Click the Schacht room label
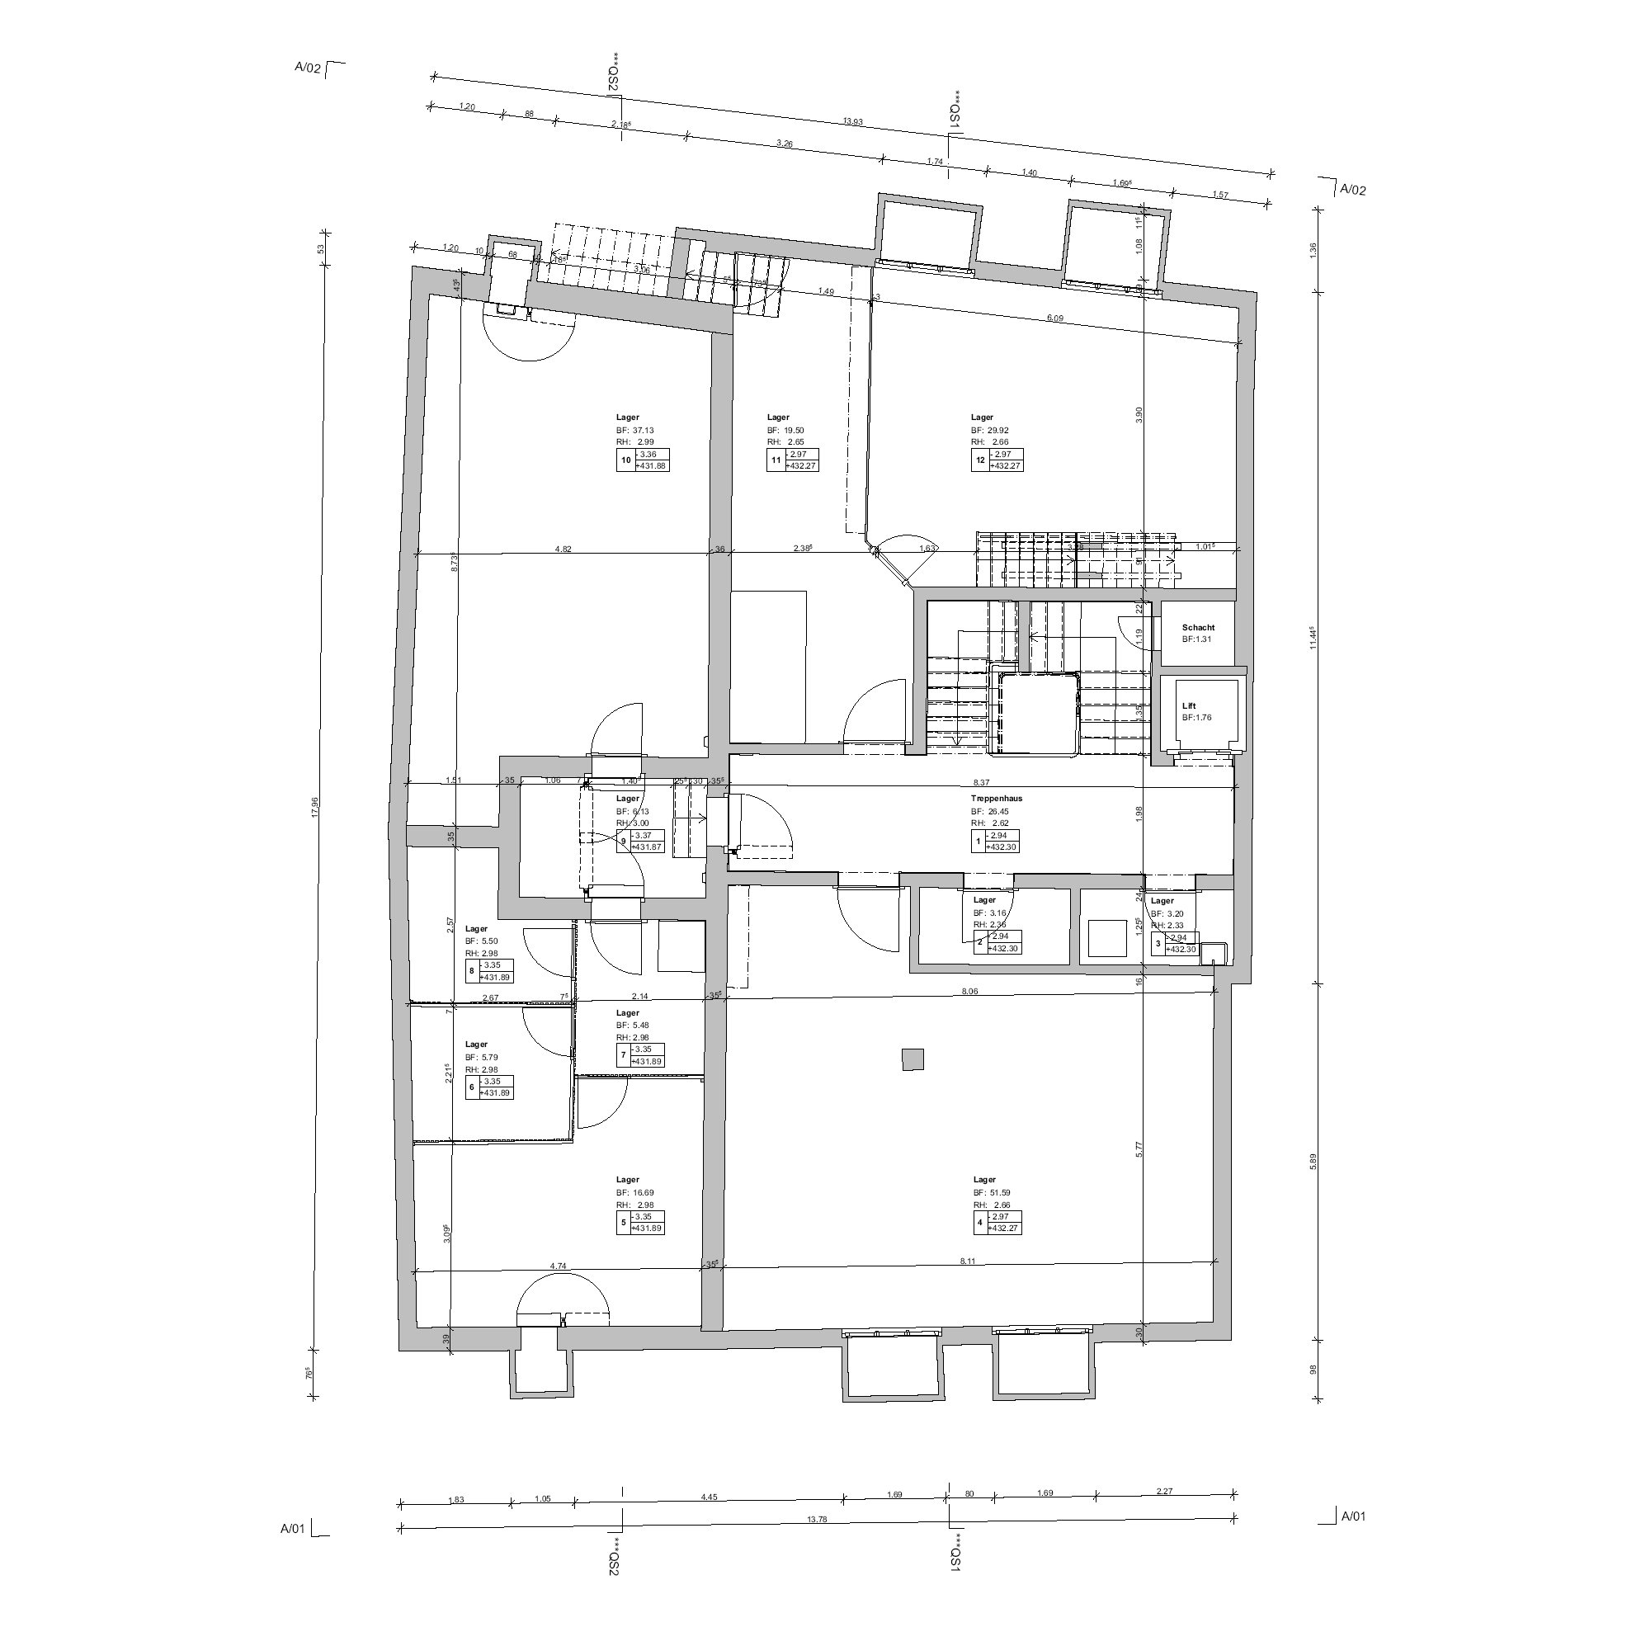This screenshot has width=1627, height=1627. coord(1197,627)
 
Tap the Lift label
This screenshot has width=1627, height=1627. coord(1188,705)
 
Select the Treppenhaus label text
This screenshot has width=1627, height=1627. coord(996,799)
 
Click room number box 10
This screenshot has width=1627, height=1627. coord(625,460)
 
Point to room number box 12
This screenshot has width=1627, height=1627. coord(979,460)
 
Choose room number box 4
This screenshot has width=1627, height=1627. coord(979,1222)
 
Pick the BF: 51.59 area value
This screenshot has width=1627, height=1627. coord(991,1193)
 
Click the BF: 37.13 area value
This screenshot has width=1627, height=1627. coord(635,431)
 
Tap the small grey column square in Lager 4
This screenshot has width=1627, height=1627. coord(913,1059)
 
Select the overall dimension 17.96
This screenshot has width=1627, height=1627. coord(315,807)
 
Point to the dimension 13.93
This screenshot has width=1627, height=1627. coord(853,122)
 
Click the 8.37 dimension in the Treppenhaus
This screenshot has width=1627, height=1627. coord(980,782)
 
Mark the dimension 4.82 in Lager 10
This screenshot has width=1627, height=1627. coord(564,549)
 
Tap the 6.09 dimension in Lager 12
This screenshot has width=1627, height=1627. coord(1055,318)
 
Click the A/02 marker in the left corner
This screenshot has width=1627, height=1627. coord(309,69)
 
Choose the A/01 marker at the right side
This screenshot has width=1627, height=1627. coord(1352,1540)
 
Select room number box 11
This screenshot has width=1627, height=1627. coord(776,460)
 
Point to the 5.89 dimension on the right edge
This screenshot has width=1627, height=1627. coord(1313,1161)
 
